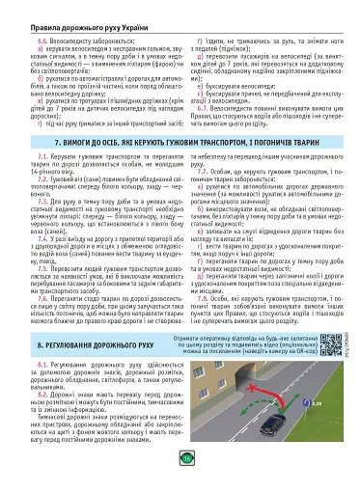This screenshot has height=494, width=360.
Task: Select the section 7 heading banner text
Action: coord(180,168)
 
